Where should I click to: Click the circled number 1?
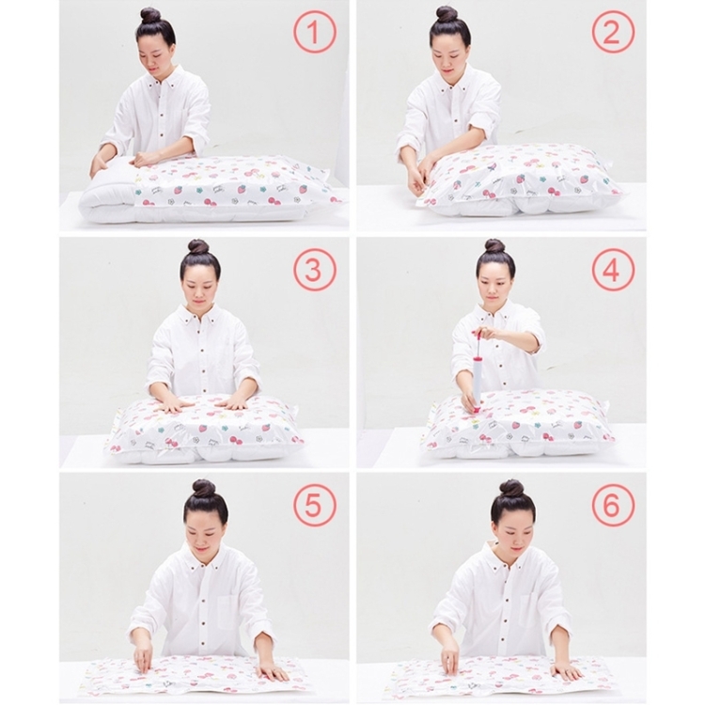point(315,32)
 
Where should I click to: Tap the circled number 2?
point(613,32)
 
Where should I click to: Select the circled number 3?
point(315,270)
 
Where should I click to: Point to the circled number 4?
point(613,270)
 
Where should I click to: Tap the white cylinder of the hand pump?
point(478,378)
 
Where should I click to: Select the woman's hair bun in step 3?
point(197,247)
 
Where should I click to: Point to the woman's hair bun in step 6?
point(511,488)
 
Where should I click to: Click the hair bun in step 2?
point(446,15)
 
